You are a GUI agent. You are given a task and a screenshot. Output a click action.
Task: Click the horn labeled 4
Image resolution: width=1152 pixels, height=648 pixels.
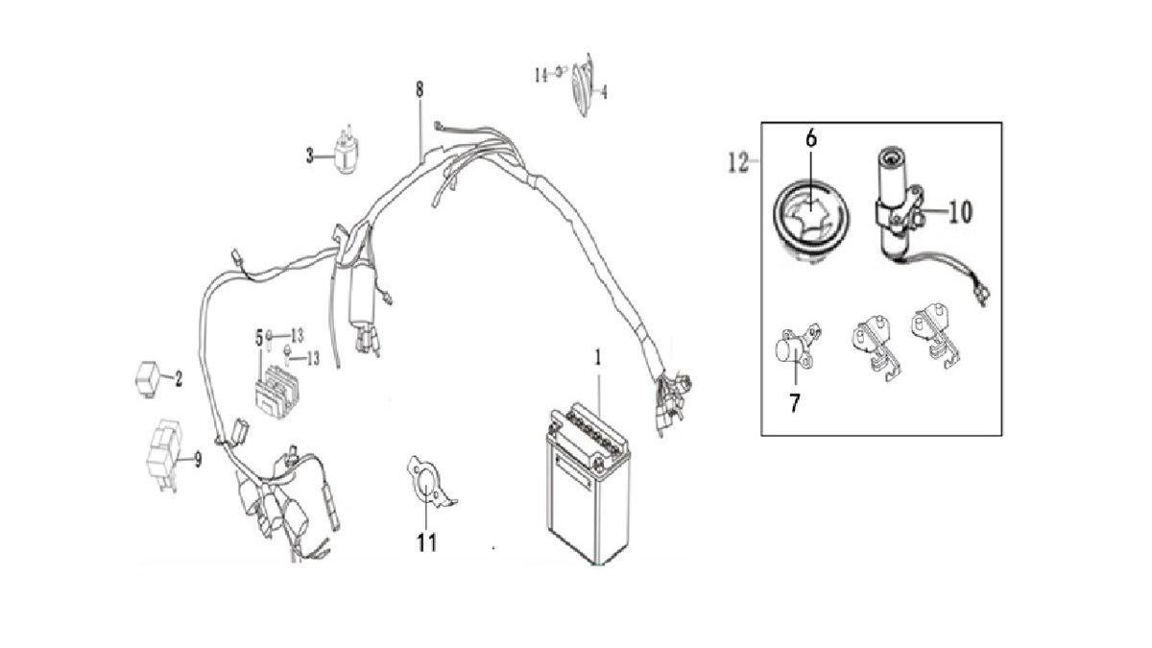coord(582,88)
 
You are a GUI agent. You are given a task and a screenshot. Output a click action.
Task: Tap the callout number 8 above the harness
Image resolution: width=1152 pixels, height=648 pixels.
coord(420,91)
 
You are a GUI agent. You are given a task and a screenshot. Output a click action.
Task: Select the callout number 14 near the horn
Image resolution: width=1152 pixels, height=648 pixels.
coord(541,72)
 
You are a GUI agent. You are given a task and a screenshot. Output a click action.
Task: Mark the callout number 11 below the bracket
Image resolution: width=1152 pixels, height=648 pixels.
coord(426,542)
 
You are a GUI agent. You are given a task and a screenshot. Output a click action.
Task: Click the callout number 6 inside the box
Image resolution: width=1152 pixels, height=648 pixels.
coord(811,139)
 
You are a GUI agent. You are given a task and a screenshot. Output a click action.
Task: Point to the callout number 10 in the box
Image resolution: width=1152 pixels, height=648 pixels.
coord(958,212)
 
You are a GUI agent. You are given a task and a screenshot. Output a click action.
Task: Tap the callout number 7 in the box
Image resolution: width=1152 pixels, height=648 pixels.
coord(794,402)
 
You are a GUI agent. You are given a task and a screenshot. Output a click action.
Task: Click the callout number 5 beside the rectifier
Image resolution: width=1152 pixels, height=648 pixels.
coord(258,337)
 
